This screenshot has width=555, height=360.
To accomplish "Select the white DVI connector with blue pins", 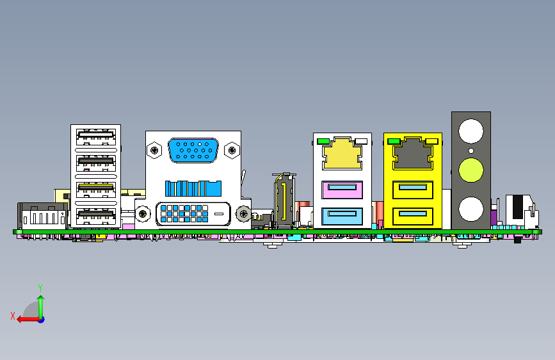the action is point(193,213).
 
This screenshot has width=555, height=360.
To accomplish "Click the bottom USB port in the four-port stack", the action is point(96,216).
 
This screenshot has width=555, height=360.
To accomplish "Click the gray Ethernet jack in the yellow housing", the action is point(413,154).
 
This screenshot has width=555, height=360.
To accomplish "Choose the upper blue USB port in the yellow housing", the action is point(413,190).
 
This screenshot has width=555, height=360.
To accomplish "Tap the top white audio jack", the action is point(471,131).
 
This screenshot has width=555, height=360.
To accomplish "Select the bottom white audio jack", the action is point(471,209).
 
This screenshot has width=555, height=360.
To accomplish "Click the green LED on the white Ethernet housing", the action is point(324,141).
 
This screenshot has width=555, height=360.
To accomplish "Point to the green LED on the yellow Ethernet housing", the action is point(394,141).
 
